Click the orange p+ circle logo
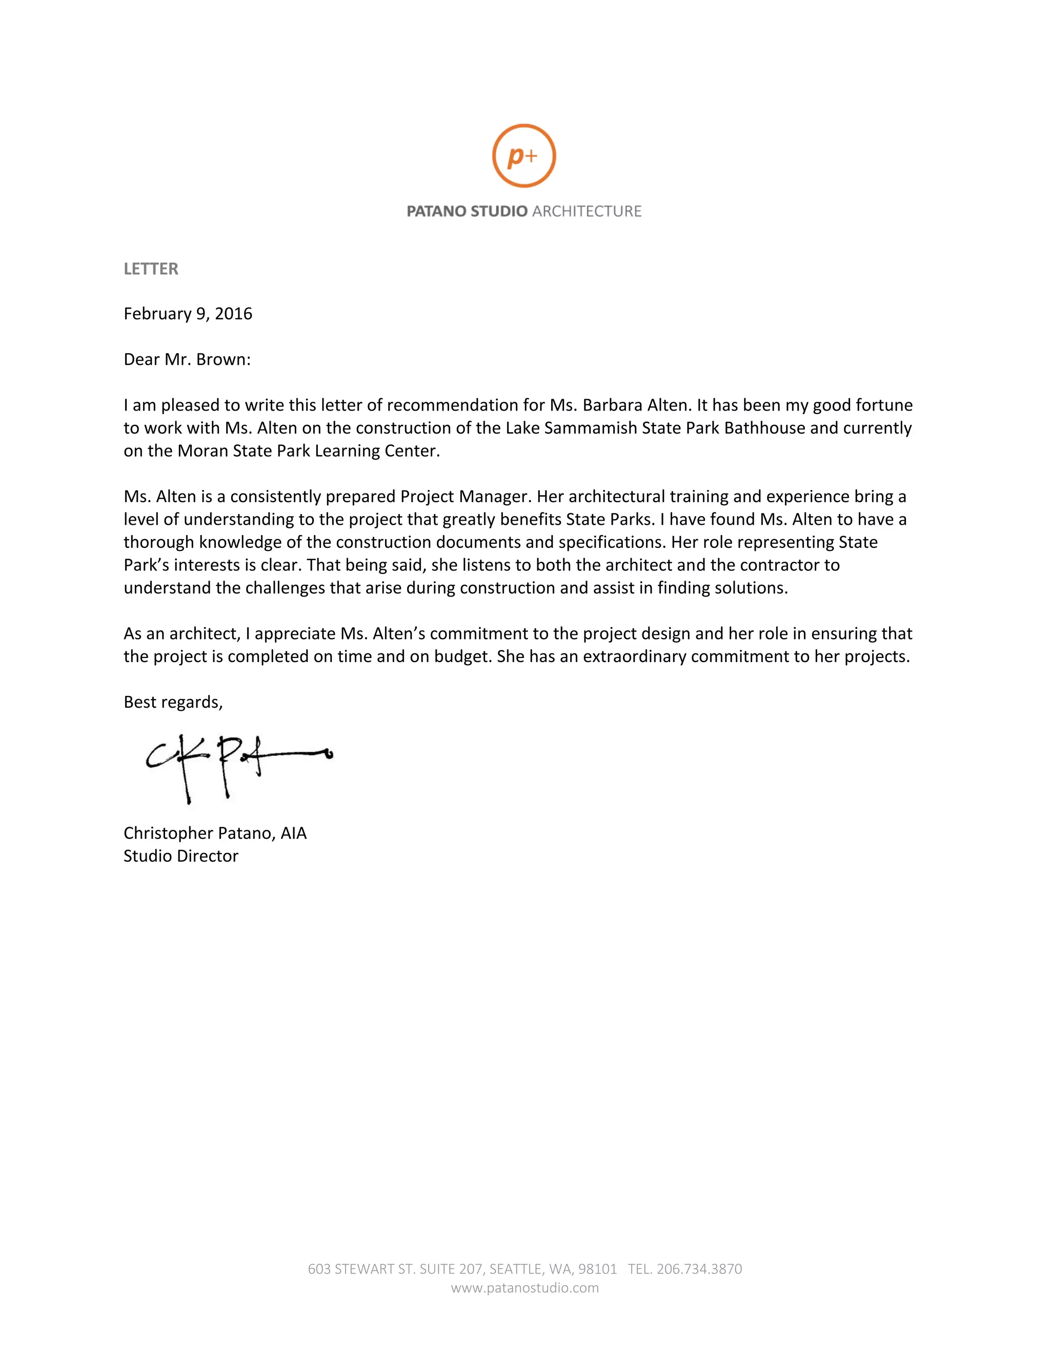tap(524, 155)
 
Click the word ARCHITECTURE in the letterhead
tap(587, 212)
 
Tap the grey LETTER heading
tap(151, 269)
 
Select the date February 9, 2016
tap(188, 314)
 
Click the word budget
tap(460, 656)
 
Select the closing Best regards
tap(173, 702)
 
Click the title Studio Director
tap(180, 856)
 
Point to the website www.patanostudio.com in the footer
tap(524, 1288)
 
